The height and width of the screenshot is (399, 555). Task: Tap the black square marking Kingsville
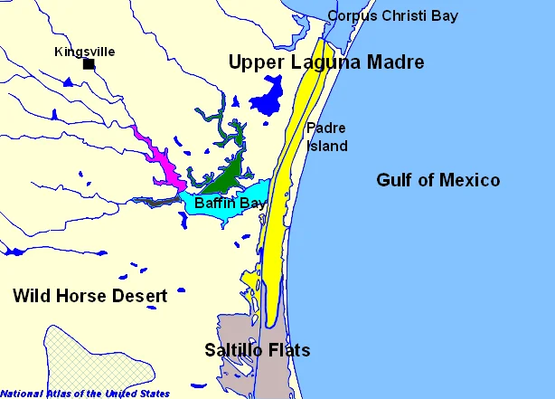tap(89, 64)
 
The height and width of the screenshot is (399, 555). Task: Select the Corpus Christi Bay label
tap(392, 15)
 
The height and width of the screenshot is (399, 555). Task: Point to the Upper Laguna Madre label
tap(325, 62)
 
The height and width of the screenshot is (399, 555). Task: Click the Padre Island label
tap(326, 137)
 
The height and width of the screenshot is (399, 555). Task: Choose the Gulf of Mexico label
tap(437, 181)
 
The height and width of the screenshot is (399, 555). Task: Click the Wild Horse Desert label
tap(89, 296)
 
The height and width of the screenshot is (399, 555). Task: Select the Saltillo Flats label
tap(257, 350)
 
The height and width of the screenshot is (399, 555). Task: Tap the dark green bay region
tap(230, 174)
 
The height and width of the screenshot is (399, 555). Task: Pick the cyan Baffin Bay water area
tap(253, 194)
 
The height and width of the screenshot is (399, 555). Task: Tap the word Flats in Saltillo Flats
tap(289, 350)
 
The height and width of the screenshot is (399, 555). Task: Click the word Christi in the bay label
tap(404, 15)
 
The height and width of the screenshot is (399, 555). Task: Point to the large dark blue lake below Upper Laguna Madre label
tap(265, 100)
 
